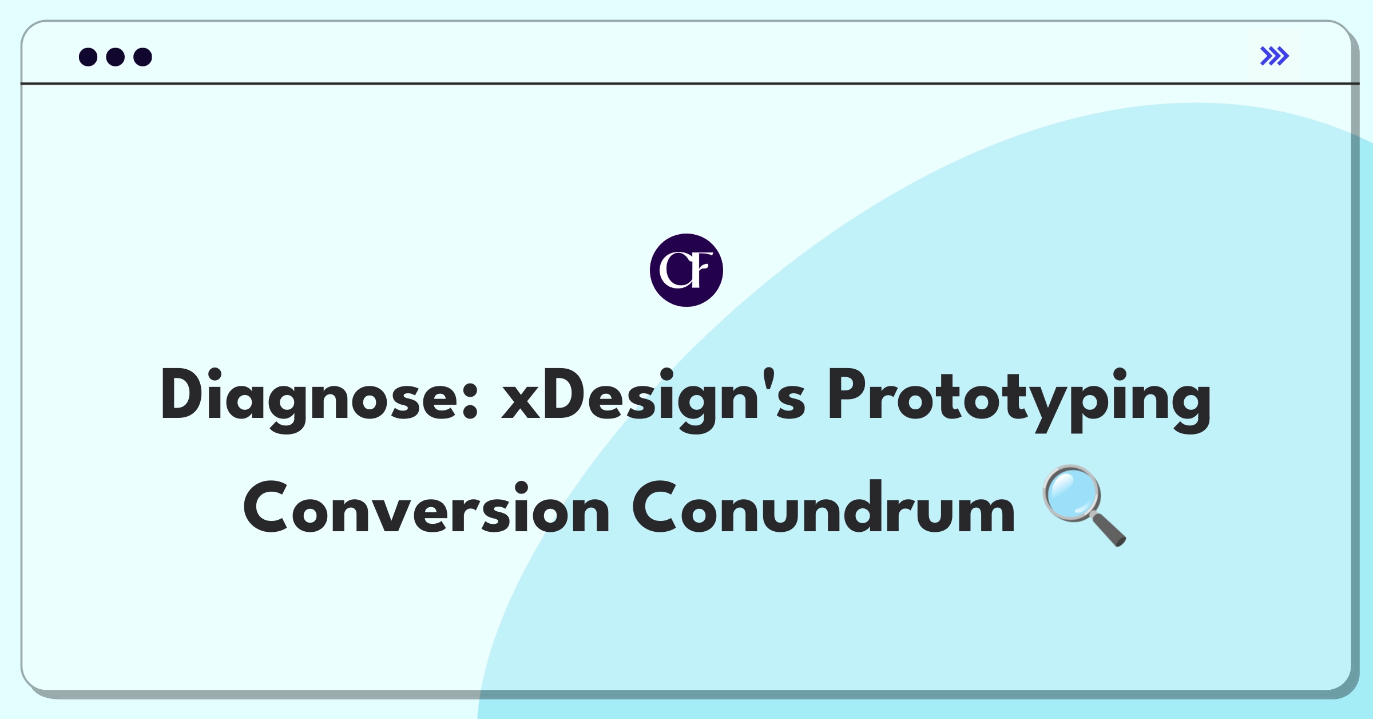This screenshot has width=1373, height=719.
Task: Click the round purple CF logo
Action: point(687,270)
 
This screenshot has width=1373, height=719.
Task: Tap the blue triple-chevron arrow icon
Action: point(1275,56)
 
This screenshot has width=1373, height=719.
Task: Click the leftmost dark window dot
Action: point(88,57)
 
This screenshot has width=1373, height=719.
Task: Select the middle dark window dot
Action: point(116,57)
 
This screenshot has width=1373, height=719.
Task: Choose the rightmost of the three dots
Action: point(143,57)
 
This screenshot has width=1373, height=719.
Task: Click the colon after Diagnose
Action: point(470,401)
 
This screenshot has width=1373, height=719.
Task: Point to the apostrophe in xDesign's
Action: point(768,381)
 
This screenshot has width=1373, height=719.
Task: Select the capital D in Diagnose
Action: point(183,394)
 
